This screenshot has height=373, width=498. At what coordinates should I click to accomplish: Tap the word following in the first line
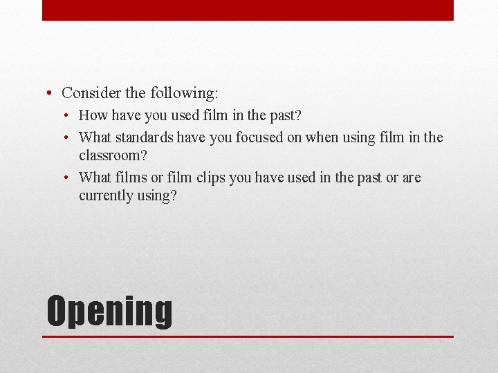[x=181, y=93]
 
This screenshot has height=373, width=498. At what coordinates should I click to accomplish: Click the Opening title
[x=109, y=312]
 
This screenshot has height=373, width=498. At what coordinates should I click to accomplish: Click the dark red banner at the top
[x=248, y=10]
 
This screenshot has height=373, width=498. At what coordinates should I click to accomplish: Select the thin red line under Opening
[x=248, y=336]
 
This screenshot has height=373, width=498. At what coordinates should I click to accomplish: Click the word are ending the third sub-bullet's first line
[x=412, y=178]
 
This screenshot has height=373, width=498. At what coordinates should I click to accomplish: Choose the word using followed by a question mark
[x=156, y=196]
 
